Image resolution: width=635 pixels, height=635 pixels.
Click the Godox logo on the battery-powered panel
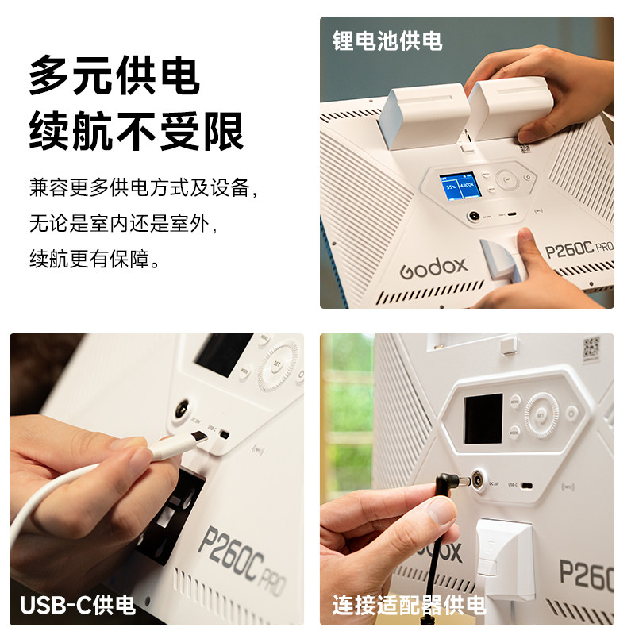pyautogui.click(x=433, y=266)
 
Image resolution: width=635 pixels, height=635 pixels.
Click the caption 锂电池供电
pyautogui.click(x=387, y=40)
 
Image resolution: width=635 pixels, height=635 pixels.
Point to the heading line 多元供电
pyautogui.click(x=114, y=78)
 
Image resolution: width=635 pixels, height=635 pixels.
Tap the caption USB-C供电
pyautogui.click(x=78, y=606)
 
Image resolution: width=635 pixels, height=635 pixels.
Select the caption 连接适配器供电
pyautogui.click(x=409, y=606)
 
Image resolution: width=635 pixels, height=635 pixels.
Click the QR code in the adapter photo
pyautogui.click(x=591, y=347)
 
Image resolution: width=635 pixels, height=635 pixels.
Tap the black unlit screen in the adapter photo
pyautogui.click(x=483, y=418)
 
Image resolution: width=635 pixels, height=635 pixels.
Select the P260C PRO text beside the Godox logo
pyautogui.click(x=579, y=252)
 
